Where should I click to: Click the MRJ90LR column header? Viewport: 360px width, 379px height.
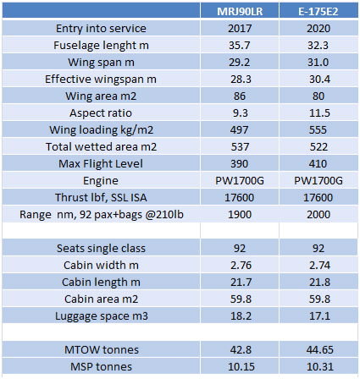[x=240, y=12]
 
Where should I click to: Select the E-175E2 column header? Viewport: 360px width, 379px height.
[x=318, y=12]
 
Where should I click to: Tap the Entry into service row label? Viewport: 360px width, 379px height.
[x=101, y=29]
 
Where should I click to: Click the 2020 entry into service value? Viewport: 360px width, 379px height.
[x=318, y=29]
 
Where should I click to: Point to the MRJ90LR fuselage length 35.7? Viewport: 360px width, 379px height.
[x=240, y=46]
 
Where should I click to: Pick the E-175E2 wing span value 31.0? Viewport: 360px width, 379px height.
[x=318, y=63]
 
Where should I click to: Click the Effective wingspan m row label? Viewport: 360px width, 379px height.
[x=101, y=80]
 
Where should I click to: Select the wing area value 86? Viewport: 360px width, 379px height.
[x=240, y=96]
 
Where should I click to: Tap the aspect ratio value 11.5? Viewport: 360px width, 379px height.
[x=319, y=113]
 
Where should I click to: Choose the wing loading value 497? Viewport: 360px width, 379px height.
[x=240, y=130]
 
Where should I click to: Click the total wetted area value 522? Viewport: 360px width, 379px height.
[x=318, y=147]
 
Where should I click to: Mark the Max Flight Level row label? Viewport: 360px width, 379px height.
[x=101, y=164]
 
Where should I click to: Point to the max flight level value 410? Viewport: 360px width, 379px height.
[x=318, y=164]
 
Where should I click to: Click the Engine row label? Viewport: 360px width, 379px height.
[x=101, y=181]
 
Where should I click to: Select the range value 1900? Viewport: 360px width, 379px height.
[x=240, y=215]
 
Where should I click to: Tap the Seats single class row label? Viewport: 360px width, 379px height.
[x=101, y=249]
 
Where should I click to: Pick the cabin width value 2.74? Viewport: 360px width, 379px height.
[x=319, y=266]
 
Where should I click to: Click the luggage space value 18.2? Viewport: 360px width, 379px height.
[x=241, y=316]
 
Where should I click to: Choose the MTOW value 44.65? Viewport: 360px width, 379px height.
[x=319, y=350]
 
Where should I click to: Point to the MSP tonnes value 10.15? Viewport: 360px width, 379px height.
[x=241, y=367]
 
